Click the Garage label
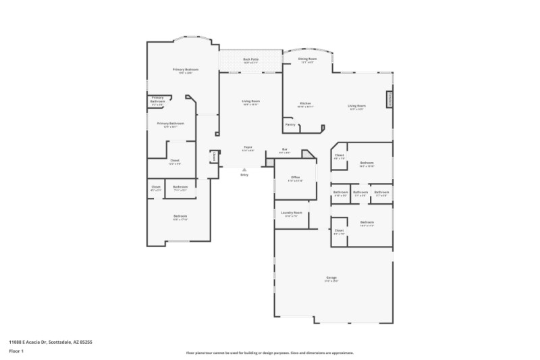tap(331, 278)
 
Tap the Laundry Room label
tap(292, 213)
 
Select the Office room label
tap(296, 178)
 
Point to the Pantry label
tap(290, 124)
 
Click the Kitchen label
tap(306, 103)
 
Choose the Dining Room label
tap(306, 59)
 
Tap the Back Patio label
tap(250, 59)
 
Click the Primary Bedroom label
tap(185, 70)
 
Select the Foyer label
tap(248, 147)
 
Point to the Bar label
tap(285, 149)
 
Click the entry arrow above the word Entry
tap(244, 170)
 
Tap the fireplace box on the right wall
tap(389, 99)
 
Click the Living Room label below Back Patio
tap(251, 101)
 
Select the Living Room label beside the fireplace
tap(356, 106)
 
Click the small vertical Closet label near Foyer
tap(215, 156)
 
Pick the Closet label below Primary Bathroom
tap(174, 161)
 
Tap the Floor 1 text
tap(16, 351)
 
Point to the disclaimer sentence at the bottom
tap(269, 353)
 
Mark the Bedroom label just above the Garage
tap(367, 222)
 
